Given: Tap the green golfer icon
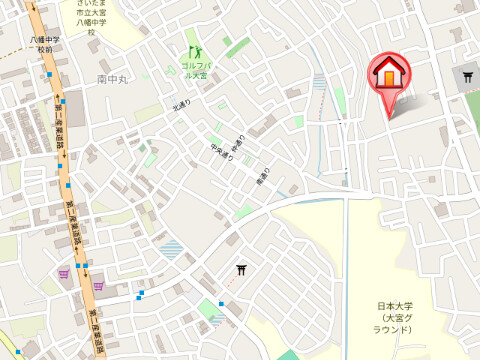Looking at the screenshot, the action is (195, 51).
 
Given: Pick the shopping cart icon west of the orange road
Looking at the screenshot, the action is (64, 271).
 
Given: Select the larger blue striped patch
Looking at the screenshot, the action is (172, 249).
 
